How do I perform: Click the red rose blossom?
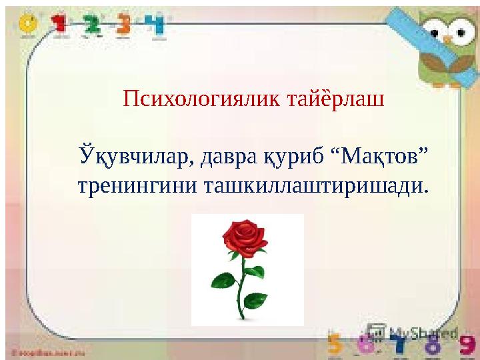click(x=243, y=237)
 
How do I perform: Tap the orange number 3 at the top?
click(x=124, y=25)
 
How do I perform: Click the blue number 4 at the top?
click(x=157, y=25)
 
